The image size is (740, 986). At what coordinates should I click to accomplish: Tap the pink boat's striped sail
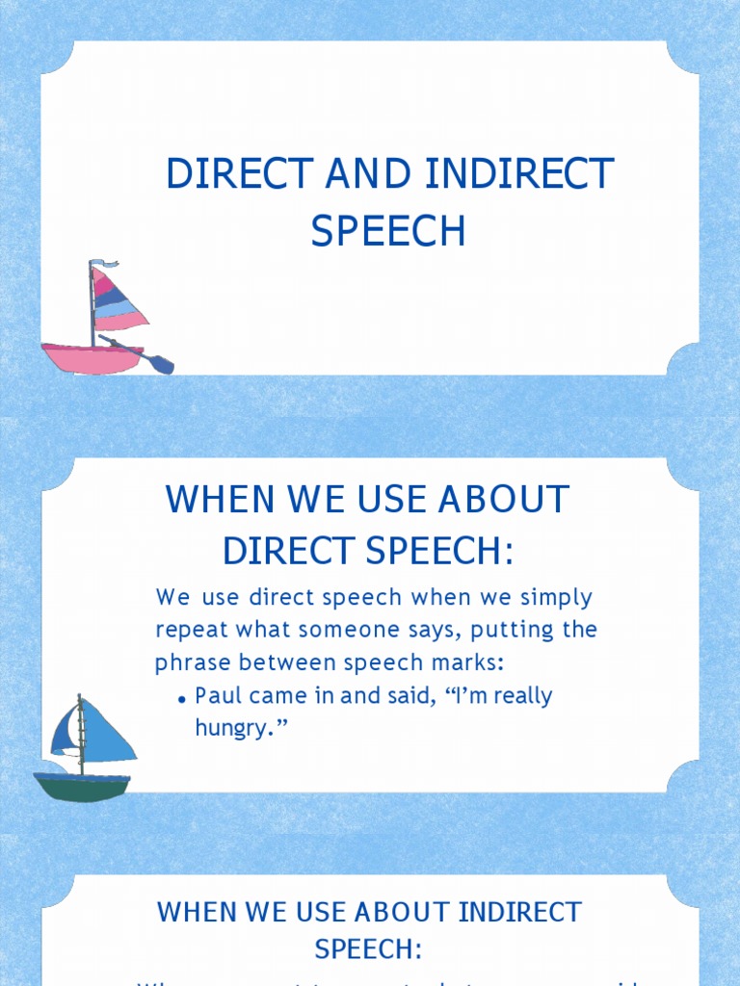point(117,300)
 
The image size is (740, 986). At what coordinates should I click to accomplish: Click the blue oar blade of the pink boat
point(163,365)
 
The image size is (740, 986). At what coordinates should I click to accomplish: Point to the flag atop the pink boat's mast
point(104,263)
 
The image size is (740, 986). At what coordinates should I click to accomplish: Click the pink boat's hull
point(92,357)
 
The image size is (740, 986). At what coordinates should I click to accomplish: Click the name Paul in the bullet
point(218,695)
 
